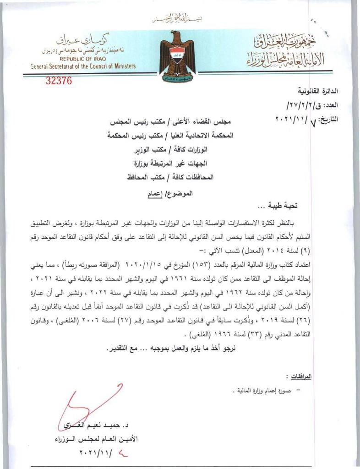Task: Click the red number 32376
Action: pos(59,81)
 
